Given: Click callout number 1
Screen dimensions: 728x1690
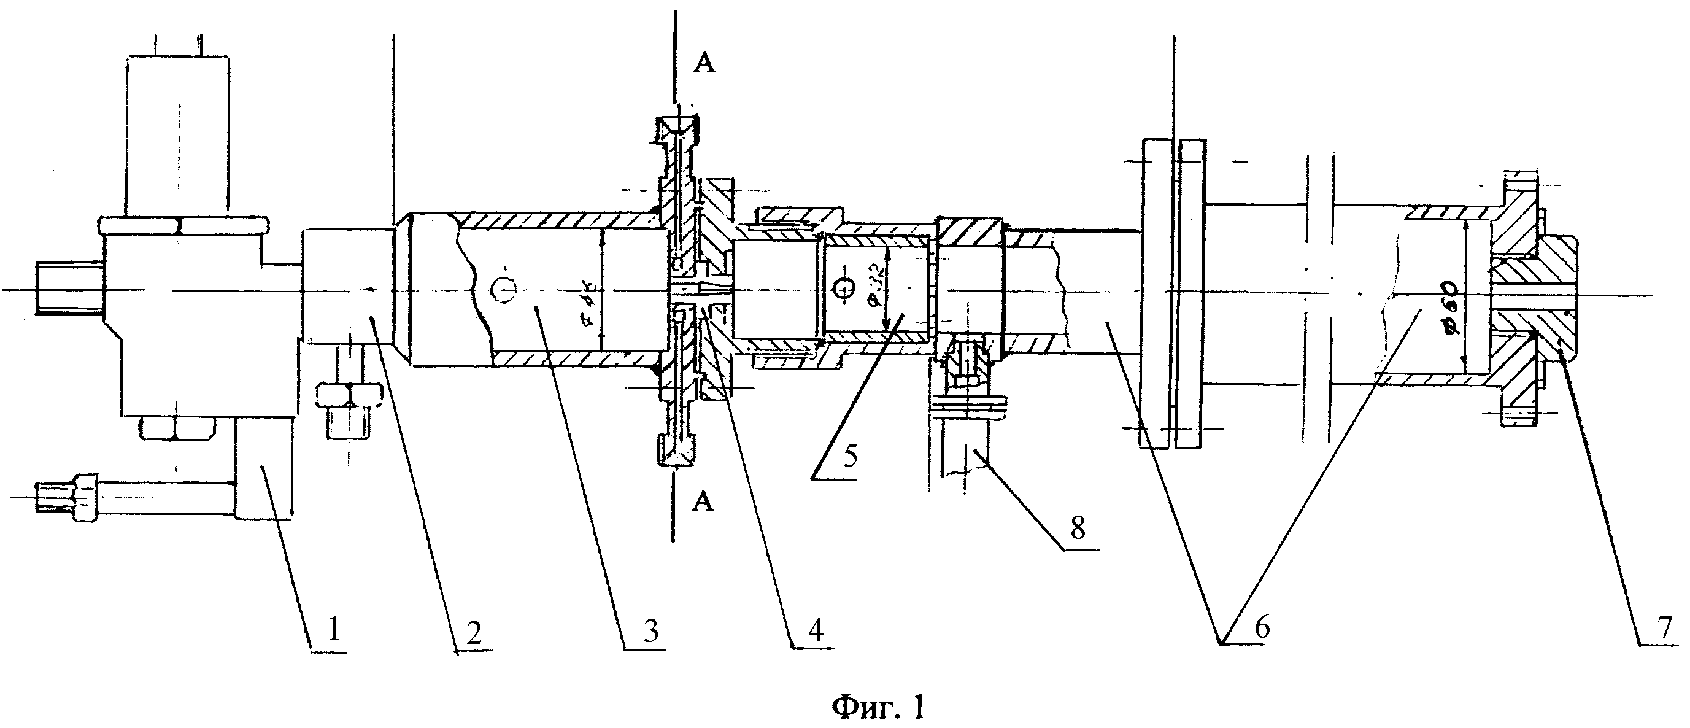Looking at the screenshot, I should click(333, 631).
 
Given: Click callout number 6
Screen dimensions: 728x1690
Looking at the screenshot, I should click(1262, 627).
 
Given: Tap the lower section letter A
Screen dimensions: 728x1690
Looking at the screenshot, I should click(703, 502).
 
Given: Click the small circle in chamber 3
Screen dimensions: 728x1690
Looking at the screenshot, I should click(504, 290).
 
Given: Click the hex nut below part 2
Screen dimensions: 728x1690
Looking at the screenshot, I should click(350, 395).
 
